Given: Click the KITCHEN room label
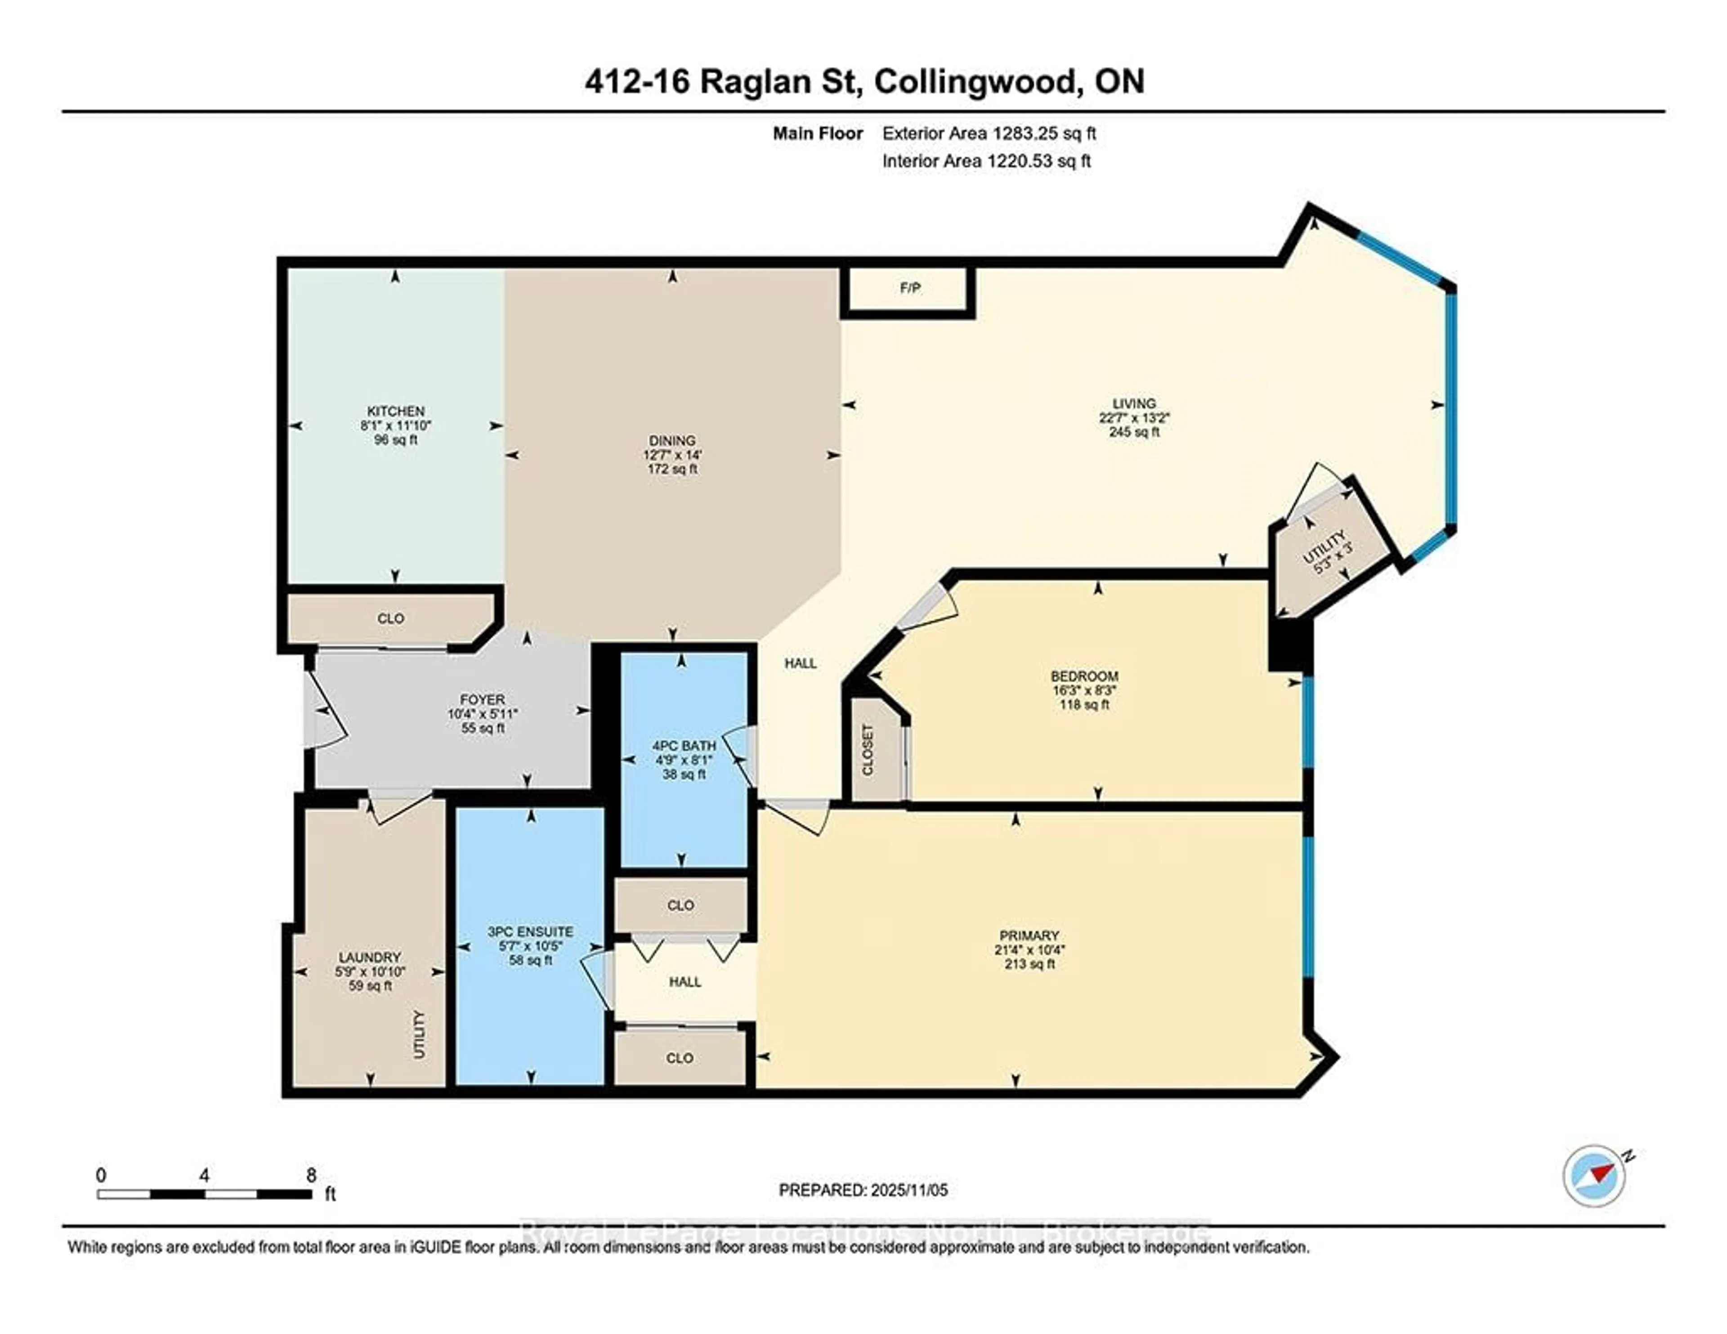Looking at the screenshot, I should (x=395, y=411).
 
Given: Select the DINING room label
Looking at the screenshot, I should (x=672, y=440).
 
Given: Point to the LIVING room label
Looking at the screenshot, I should (x=1134, y=403).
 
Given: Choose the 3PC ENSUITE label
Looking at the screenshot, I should (x=530, y=931).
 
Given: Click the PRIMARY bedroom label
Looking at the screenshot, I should (x=1028, y=936).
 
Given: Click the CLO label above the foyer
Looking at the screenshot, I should (x=391, y=618).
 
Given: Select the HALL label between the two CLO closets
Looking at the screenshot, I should (x=685, y=982).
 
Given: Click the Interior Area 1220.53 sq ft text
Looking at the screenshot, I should (x=986, y=161).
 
